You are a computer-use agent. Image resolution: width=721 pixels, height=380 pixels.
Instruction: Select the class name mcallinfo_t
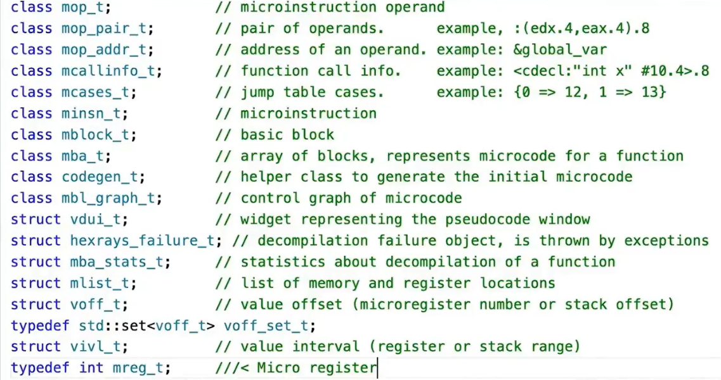point(112,71)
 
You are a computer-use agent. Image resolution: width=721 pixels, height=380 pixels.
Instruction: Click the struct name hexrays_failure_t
point(146,241)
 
